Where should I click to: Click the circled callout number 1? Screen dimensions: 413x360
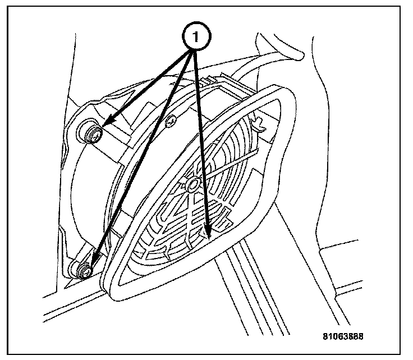pos(195,38)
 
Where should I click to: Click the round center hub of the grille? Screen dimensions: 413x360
pos(193,183)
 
